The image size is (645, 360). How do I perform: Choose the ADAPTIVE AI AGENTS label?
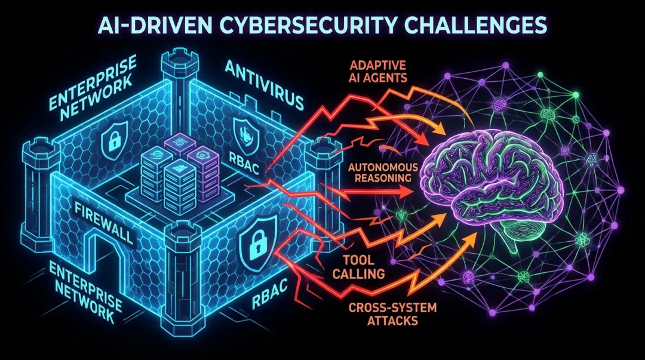(x=378, y=72)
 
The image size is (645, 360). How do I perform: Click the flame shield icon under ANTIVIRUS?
(x=244, y=134)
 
